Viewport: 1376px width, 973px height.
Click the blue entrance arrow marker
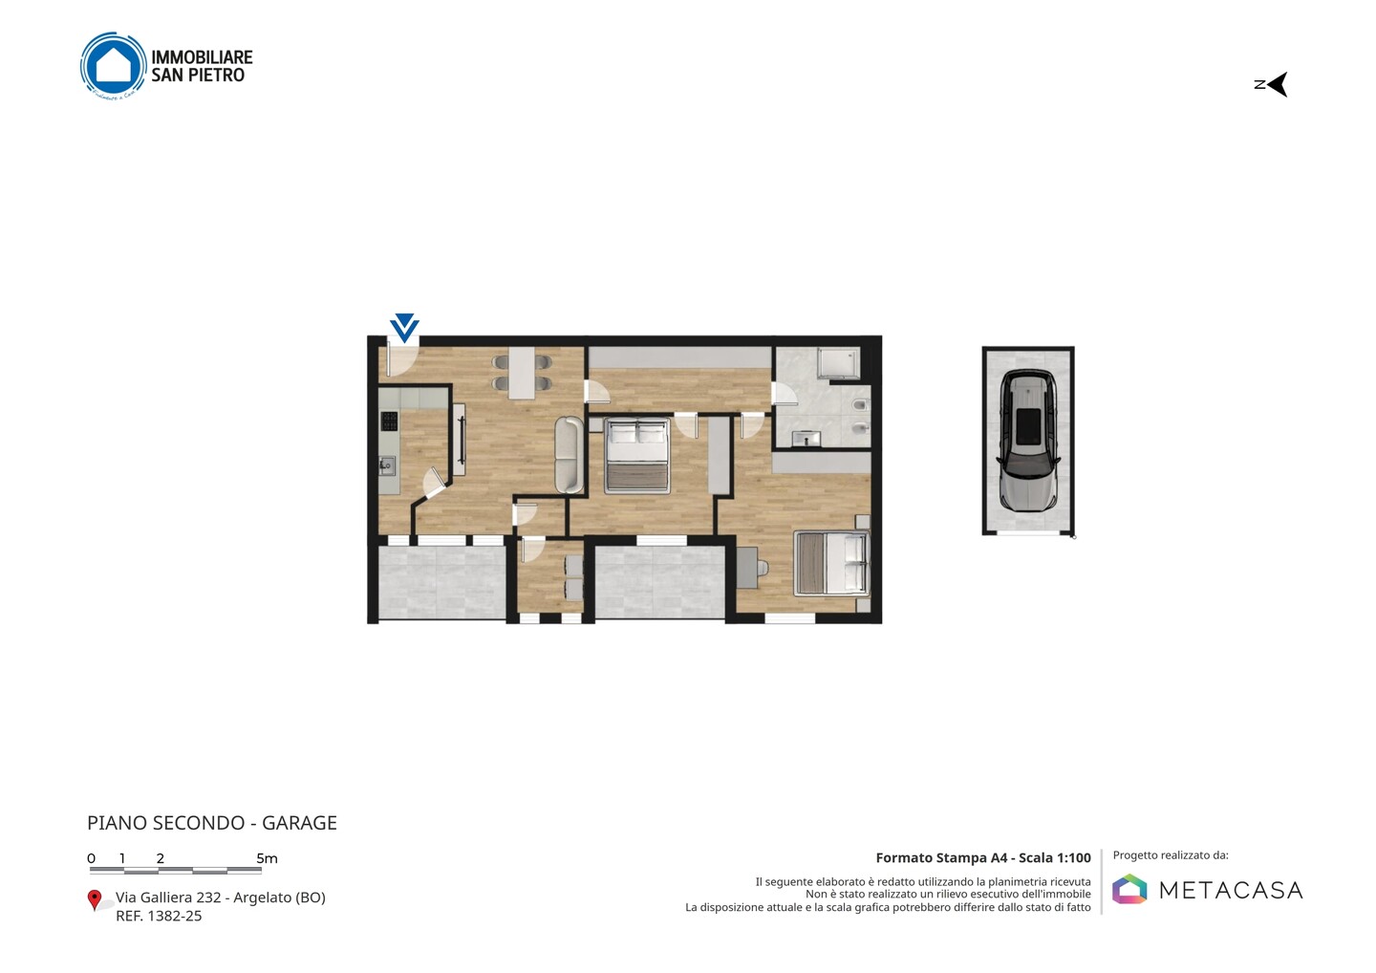[404, 328]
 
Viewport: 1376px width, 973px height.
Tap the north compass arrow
[1277, 85]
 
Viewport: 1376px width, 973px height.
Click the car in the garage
[1028, 440]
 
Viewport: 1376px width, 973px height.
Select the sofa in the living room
[569, 455]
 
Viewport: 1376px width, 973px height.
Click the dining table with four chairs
[522, 373]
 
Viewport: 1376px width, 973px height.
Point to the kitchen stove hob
[390, 422]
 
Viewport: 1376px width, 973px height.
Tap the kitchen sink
[386, 465]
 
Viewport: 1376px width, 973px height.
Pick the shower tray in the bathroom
[838, 363]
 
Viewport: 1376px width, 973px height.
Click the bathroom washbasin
[806, 438]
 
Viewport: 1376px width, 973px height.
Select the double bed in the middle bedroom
[636, 456]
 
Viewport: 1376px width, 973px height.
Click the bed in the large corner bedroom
[831, 564]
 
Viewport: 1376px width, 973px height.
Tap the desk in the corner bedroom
[747, 568]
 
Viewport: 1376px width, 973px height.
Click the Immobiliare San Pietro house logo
[114, 66]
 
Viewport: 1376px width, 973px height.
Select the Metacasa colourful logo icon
[1129, 889]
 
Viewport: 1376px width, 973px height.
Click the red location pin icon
[94, 900]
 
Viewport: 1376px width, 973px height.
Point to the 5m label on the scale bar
[268, 858]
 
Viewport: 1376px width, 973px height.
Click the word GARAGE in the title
[299, 823]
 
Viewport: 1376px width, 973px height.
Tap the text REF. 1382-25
[159, 916]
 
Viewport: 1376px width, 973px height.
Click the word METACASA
[1231, 890]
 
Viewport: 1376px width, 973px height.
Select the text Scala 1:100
[1055, 857]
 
